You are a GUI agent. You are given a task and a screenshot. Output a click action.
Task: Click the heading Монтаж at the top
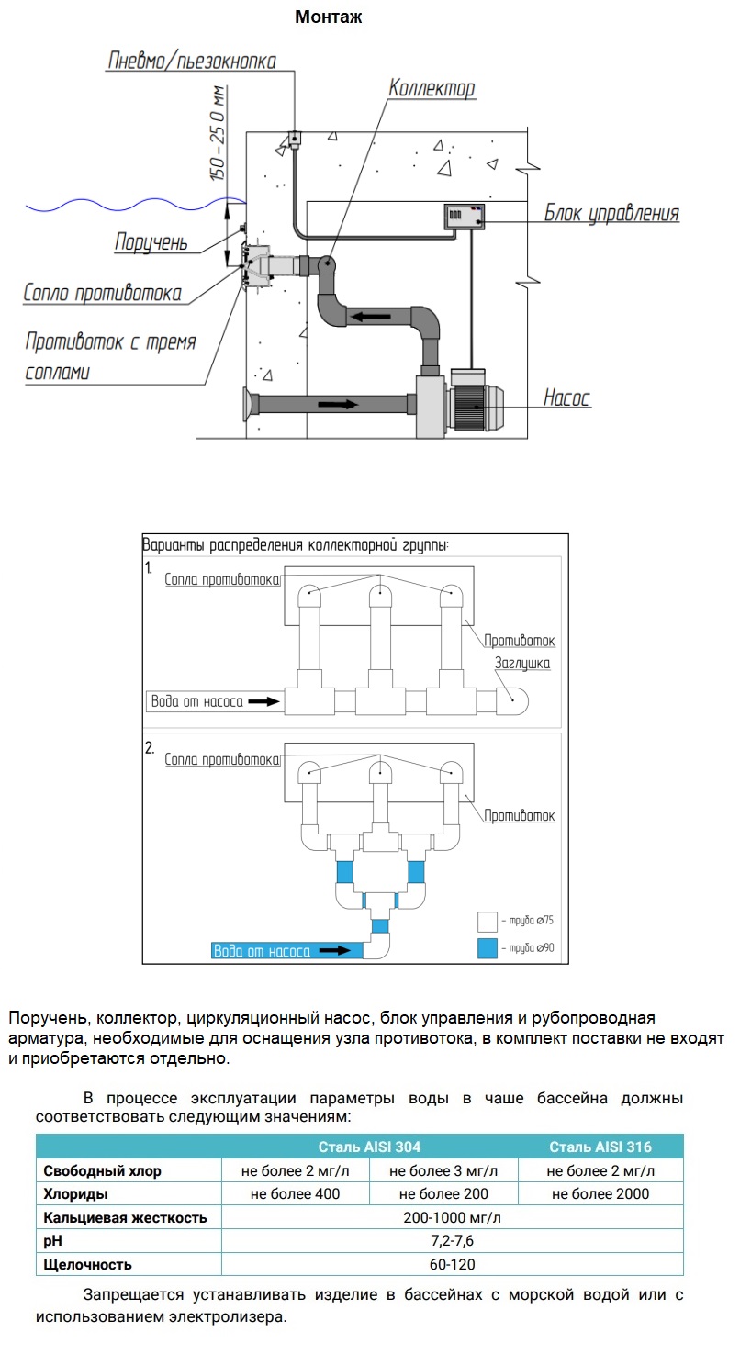[329, 17]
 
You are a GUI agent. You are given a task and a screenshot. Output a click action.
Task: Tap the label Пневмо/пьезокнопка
[192, 61]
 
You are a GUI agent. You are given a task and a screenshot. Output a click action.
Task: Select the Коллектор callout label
[432, 88]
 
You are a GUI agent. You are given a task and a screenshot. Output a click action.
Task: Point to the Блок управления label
[611, 213]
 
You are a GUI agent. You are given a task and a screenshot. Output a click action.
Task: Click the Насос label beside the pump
[566, 397]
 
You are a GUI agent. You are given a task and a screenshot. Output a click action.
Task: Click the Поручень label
[151, 242]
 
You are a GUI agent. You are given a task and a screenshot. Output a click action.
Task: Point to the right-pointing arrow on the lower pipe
[338, 404]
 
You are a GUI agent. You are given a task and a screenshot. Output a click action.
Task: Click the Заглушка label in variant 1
[522, 663]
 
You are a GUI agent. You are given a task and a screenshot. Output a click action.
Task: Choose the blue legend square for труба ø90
[488, 947]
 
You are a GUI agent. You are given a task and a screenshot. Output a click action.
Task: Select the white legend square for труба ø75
[488, 922]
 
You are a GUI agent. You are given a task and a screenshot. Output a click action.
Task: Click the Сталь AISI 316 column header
[600, 1147]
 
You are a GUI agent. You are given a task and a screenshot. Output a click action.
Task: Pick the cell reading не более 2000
[600, 1194]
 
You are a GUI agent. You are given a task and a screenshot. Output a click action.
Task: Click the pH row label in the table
[52, 1240]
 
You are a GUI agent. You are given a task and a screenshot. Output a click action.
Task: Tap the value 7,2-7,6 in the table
[453, 1240]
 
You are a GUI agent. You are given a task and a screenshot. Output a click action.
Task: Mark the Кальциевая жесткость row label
[125, 1217]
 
